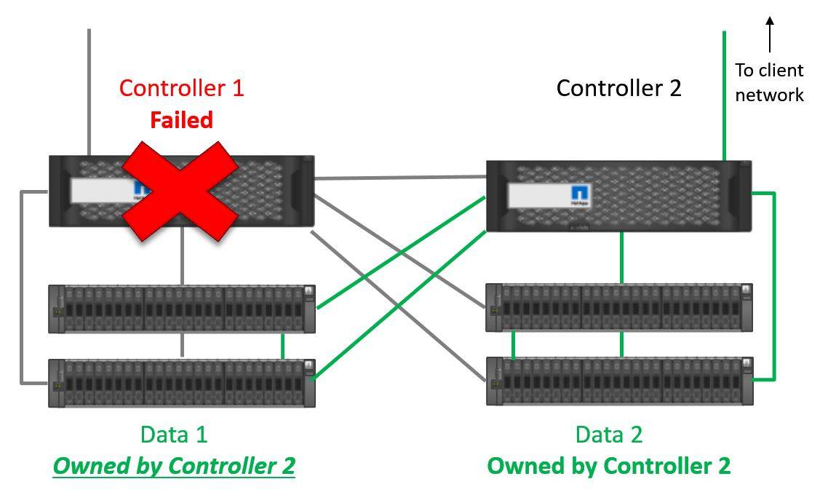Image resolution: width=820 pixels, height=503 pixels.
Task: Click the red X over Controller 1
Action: click(x=180, y=191)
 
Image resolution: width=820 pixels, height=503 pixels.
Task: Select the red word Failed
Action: click(x=181, y=120)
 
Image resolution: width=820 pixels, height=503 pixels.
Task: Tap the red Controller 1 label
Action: click(x=181, y=88)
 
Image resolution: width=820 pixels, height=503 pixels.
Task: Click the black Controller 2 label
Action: click(x=618, y=88)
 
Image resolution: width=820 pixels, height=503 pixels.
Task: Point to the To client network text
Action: click(x=769, y=82)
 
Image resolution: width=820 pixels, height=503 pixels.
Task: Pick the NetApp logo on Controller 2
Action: click(x=580, y=195)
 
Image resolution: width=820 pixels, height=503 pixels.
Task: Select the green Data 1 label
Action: click(x=174, y=435)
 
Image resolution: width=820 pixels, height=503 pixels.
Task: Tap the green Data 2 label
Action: click(x=609, y=435)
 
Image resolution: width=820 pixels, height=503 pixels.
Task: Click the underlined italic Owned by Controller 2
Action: click(x=174, y=466)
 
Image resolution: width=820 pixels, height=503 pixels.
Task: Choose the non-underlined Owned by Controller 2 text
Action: click(x=609, y=466)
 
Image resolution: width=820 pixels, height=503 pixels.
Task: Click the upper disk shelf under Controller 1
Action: click(x=182, y=309)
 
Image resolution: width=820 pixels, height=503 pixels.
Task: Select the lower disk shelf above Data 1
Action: click(x=182, y=382)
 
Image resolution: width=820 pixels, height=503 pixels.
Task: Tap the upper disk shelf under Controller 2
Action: click(x=620, y=308)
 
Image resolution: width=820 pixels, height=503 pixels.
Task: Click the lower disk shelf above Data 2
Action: click(x=620, y=381)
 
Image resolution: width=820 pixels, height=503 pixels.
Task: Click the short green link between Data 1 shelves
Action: click(x=282, y=345)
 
